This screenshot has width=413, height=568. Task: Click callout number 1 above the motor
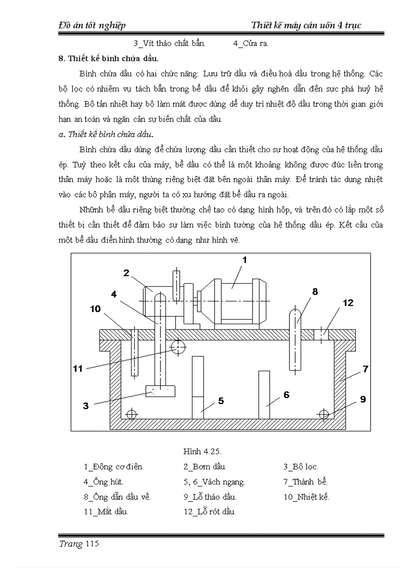244,260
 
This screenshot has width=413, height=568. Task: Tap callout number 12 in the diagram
348,303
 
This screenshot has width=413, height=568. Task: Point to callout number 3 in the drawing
86,405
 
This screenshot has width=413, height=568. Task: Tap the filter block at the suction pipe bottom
160,390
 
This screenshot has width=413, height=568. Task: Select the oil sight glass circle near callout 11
178,347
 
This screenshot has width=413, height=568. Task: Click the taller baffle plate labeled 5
198,387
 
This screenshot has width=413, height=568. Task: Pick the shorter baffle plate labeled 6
264,395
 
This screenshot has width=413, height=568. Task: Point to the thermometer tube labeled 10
134,354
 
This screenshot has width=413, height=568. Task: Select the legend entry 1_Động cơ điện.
114,467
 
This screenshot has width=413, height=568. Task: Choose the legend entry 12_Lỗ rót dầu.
210,511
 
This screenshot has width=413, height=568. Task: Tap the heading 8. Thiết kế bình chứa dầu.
109,59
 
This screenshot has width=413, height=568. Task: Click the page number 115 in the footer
92,544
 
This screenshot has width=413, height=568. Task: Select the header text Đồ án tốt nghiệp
92,25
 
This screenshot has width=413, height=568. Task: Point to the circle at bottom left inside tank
132,414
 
